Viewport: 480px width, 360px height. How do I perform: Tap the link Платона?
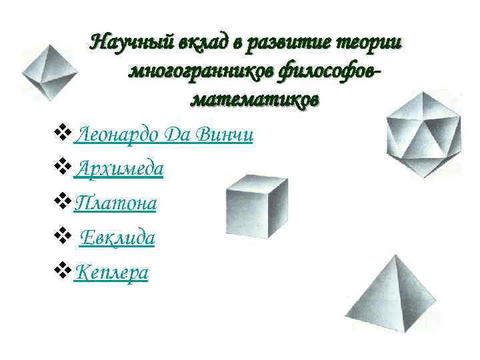coord(115,203)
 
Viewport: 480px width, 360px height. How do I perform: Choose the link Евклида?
coord(117,238)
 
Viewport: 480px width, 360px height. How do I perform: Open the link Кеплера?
coord(111,272)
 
